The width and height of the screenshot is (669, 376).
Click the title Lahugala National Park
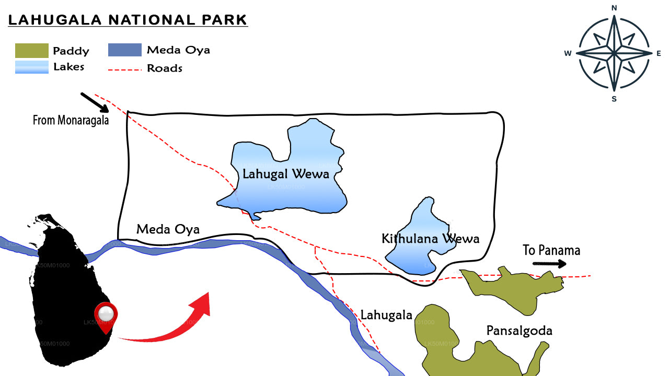[x=128, y=20]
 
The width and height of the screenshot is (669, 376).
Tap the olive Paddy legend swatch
[x=31, y=51]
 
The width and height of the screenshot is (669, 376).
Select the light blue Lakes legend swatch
[x=31, y=67]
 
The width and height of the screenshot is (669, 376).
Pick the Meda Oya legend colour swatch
[x=124, y=50]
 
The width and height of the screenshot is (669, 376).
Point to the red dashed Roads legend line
[x=124, y=68]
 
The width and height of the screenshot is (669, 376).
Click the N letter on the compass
[x=614, y=7]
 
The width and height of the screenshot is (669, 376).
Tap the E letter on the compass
[x=659, y=53]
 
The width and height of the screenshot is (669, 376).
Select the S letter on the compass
[x=614, y=99]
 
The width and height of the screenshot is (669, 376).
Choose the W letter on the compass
[x=568, y=53]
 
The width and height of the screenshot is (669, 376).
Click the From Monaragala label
[x=71, y=120]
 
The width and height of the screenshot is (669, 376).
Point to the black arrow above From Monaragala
[x=94, y=102]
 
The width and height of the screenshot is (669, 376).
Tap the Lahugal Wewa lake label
[x=286, y=174]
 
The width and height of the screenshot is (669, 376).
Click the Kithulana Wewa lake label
[x=430, y=239]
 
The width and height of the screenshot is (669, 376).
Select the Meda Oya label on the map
[x=168, y=229]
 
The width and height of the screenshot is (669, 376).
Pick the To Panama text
[x=551, y=250]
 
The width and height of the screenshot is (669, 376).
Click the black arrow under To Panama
[x=549, y=264]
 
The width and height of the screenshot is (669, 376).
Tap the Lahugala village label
[x=386, y=315]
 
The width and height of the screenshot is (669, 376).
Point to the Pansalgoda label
[x=519, y=331]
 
